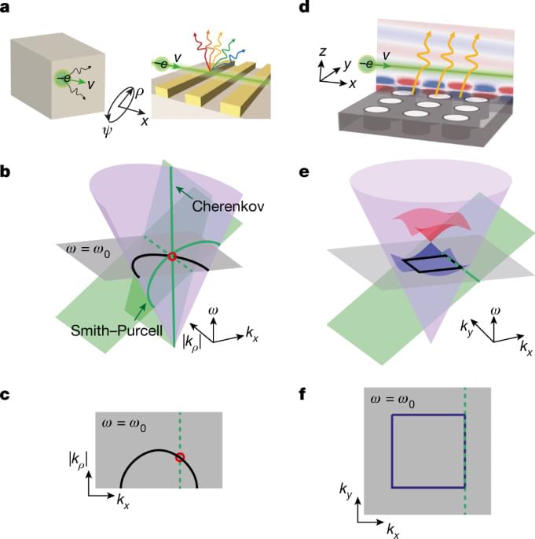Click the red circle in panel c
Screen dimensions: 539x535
pyautogui.click(x=180, y=457)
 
